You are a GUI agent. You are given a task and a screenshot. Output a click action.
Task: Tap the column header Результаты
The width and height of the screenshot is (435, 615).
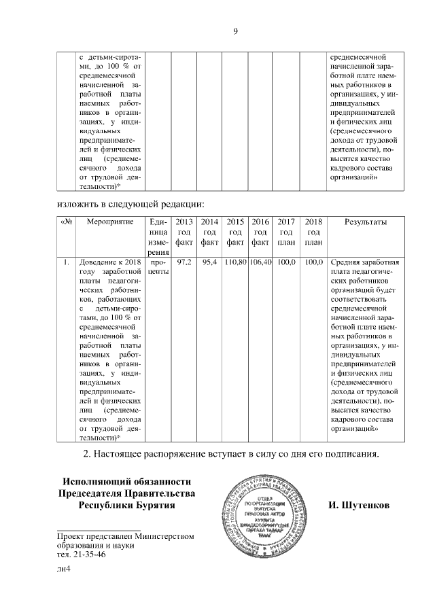coord(366,222)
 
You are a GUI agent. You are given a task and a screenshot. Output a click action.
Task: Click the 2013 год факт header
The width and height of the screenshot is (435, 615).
coord(184,232)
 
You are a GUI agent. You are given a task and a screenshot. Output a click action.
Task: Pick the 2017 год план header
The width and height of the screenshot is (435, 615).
coord(287,232)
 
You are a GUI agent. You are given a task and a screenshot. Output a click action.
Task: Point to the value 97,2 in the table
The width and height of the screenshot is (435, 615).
coord(184,262)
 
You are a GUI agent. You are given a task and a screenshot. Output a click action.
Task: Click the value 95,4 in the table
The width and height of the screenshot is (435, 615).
coord(209,262)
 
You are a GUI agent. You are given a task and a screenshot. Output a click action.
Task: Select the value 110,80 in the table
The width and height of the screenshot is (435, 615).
coord(235,262)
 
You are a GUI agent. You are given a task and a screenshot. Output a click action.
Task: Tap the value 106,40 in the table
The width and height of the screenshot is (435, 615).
coord(260,262)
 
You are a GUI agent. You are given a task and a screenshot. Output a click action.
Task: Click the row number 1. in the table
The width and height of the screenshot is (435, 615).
coord(66,262)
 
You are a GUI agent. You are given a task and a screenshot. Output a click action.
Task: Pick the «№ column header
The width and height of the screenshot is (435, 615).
coord(66,222)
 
